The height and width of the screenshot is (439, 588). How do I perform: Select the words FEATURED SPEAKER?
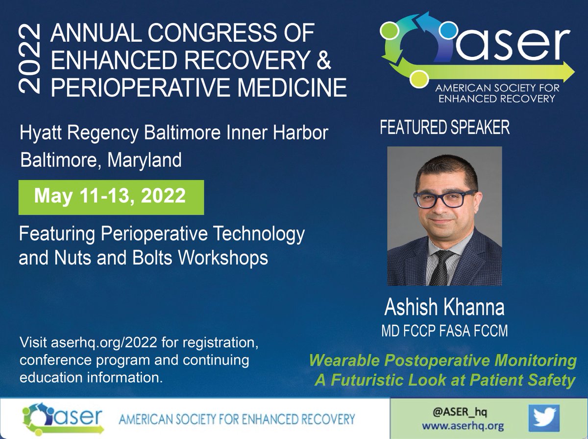coord(444,128)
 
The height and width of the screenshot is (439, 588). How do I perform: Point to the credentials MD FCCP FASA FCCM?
coord(444,331)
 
